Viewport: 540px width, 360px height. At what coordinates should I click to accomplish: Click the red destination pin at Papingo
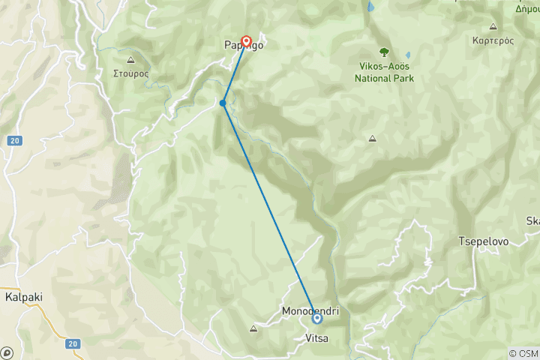pos(246,41)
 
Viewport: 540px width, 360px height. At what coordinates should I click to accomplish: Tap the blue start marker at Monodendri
pos(316,319)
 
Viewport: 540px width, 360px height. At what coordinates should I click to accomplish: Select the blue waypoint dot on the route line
pos(223,103)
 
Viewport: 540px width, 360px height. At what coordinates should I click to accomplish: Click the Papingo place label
pos(244,46)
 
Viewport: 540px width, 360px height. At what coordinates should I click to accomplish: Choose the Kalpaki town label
pos(23,297)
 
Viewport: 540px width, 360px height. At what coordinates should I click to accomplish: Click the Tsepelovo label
pos(484,241)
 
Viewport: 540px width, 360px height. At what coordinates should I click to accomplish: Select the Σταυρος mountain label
pos(130,73)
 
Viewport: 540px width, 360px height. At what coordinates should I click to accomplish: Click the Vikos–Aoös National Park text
pos(385,72)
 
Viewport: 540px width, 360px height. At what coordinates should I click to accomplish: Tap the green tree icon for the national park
pos(385,52)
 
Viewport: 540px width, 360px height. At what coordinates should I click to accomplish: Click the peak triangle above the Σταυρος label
pos(130,60)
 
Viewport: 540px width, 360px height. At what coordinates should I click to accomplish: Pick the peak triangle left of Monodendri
pos(253,328)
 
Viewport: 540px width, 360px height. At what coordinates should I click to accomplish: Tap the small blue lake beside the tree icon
pos(407,55)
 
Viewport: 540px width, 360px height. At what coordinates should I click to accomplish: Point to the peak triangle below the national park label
pos(372,138)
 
